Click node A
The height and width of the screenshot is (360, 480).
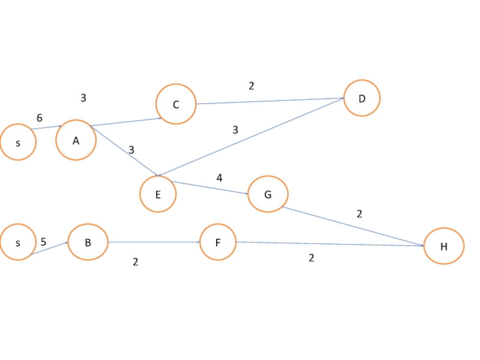pos(76,140)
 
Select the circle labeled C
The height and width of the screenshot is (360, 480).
pos(176,104)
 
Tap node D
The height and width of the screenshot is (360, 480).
pos(362,98)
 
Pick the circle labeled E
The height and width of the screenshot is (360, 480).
pos(158,194)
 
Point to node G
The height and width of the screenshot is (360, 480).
pos(268,194)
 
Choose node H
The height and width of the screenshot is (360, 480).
pos(444,246)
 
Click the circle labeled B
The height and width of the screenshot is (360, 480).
pos(88,242)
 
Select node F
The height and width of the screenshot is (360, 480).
pos(218,242)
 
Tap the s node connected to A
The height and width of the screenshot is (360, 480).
pos(18,143)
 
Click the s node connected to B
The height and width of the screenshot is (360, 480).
pos(18,242)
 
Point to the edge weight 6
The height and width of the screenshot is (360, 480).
pos(40,118)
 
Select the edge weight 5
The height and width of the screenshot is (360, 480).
pos(43,242)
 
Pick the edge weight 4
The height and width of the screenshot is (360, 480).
pos(220,178)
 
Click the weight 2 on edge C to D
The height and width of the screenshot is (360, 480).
pos(251,86)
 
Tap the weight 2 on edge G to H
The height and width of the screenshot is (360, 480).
pos(359,214)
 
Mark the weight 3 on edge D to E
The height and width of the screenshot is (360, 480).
pos(235,130)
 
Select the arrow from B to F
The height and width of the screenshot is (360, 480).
pos(154,242)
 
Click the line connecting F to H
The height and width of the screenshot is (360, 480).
pos(330,244)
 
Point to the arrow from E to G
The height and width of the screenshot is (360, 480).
pos(210,188)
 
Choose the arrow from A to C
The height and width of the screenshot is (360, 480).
pos(126,122)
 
